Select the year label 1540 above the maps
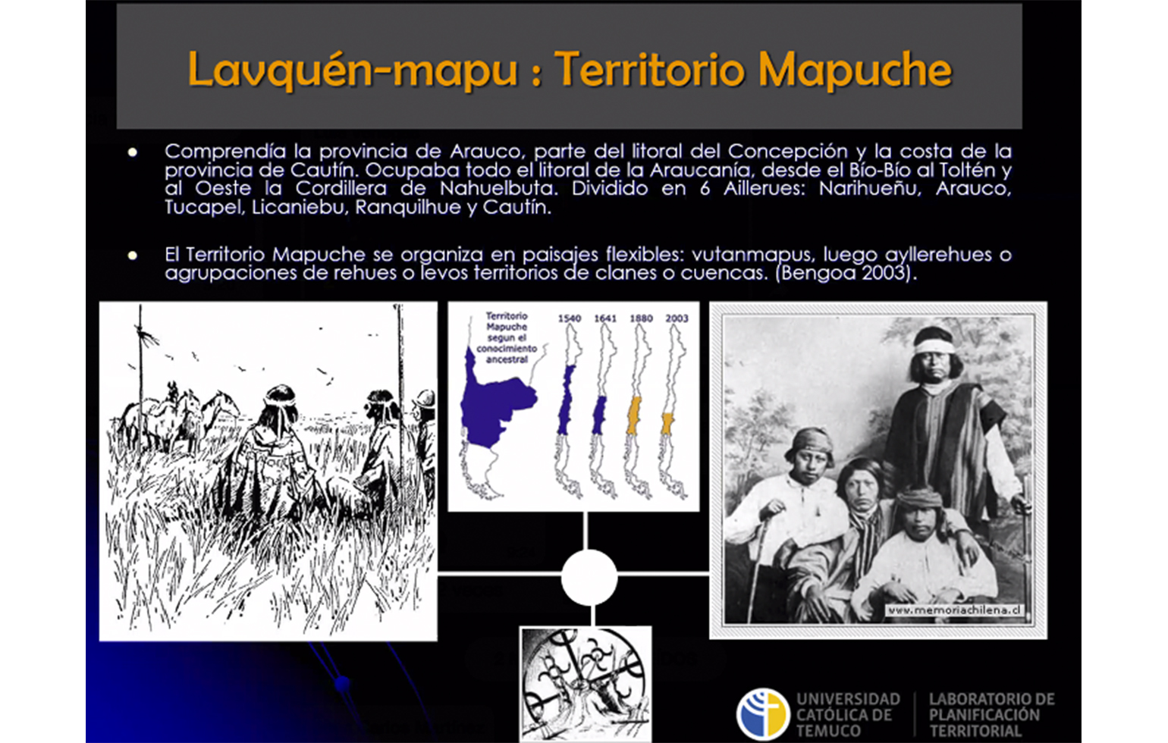click(570, 318)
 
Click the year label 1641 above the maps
click(605, 318)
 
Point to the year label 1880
click(641, 318)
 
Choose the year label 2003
click(677, 318)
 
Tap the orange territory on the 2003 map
click(667, 423)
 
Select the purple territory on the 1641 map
click(599, 415)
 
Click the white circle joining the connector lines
click(589, 577)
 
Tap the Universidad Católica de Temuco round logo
click(763, 714)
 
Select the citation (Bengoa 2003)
click(846, 273)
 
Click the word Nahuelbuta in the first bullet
click(498, 188)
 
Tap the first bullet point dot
click(133, 152)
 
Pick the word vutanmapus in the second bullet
click(752, 255)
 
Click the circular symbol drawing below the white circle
click(586, 684)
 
